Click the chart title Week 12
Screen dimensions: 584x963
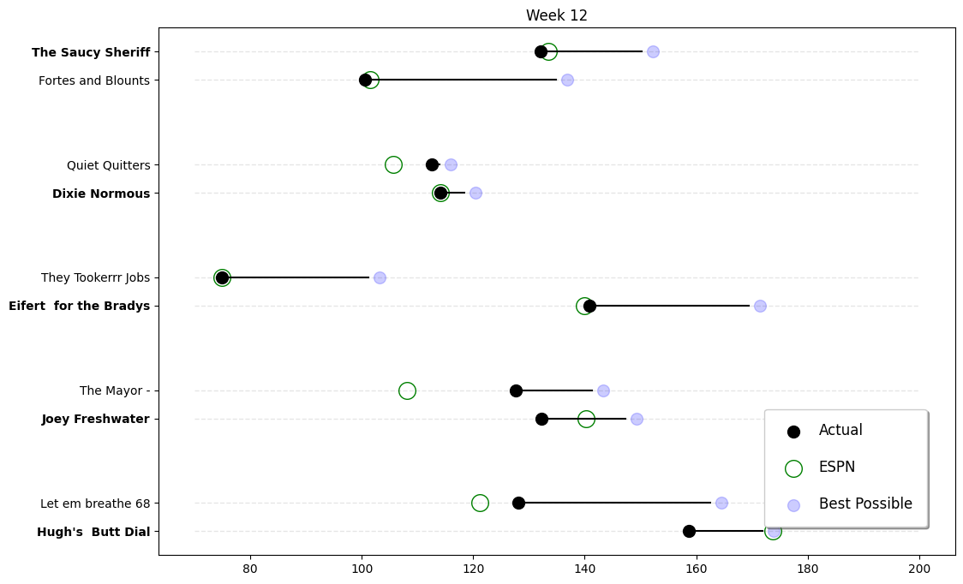pos(556,15)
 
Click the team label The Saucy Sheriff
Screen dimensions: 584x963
pos(91,52)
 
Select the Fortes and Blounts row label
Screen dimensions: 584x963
pos(94,80)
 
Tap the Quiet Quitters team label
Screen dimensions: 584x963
pos(108,165)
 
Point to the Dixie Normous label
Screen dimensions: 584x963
pos(101,194)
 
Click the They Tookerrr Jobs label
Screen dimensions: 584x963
pos(95,278)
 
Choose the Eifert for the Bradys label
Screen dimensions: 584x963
pos(79,307)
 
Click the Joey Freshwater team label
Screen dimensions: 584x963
pos(95,420)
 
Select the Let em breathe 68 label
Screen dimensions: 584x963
pos(95,504)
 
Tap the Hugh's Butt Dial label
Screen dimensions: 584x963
pos(93,532)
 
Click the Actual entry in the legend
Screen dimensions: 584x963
pos(840,431)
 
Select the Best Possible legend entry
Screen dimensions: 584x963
pos(864,504)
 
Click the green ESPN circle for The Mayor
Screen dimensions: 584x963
pos(407,390)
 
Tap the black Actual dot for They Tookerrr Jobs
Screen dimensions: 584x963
pos(222,277)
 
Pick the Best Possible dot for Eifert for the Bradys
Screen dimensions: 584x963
pos(760,306)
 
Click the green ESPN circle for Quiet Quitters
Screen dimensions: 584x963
pos(393,164)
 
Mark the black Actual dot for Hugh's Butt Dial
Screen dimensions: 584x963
pos(689,531)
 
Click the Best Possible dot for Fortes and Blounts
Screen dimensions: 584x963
pos(567,80)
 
